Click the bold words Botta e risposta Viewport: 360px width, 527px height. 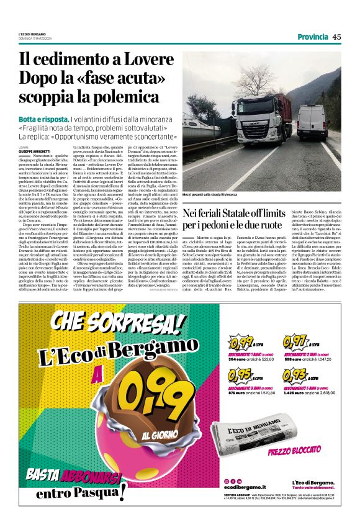43,119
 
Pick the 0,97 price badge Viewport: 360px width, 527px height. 295,342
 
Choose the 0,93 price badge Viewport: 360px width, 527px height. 295,376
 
